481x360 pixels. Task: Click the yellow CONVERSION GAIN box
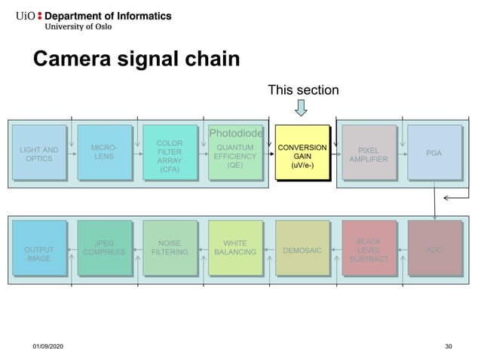click(x=302, y=154)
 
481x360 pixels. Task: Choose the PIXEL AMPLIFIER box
click(x=369, y=154)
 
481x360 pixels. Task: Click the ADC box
click(x=434, y=249)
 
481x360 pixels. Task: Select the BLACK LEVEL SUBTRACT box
click(x=369, y=249)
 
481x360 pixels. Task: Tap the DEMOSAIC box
click(x=302, y=249)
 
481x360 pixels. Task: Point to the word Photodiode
click(x=236, y=133)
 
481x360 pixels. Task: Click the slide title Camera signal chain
click(x=136, y=59)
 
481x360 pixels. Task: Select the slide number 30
click(x=449, y=346)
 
